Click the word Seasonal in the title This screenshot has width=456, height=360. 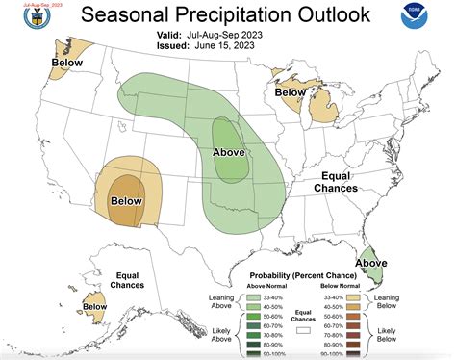coord(125,15)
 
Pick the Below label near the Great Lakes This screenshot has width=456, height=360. coord(291,93)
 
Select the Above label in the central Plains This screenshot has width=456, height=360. coord(228,152)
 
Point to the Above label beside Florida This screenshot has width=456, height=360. coord(372,263)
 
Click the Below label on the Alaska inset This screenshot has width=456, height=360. coord(94,307)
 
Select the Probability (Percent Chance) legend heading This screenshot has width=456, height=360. coord(306,275)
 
